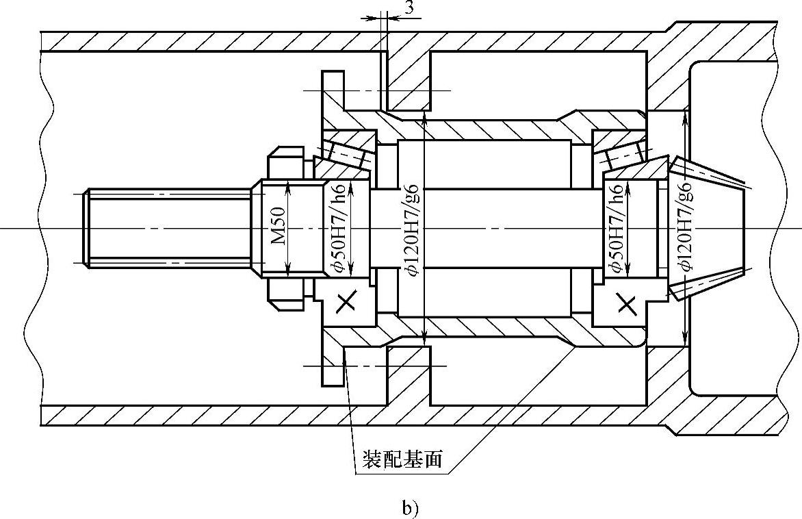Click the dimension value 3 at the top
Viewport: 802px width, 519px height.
(409, 8)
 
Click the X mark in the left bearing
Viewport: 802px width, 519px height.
(346, 301)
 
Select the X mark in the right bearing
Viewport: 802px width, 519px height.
(626, 302)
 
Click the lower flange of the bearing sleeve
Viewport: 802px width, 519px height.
(333, 366)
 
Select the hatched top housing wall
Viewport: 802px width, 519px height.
(205, 41)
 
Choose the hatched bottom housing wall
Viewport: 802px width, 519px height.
(205, 415)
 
